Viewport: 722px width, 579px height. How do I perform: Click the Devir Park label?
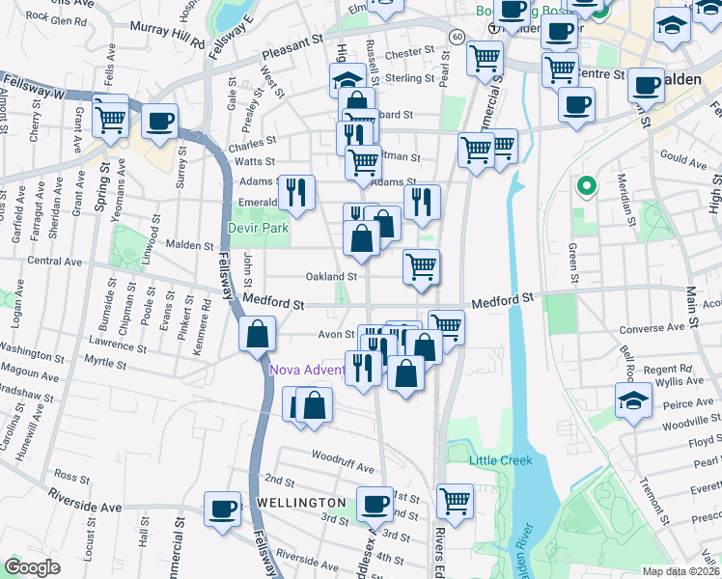pos(258,229)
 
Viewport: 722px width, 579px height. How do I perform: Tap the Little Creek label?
pos(501,460)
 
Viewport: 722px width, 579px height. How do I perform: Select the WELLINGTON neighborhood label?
pos(300,503)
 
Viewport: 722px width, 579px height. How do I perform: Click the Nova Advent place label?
pos(307,370)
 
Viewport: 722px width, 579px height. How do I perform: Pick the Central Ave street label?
pos(60,262)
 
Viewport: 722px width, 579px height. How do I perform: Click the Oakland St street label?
pos(331,276)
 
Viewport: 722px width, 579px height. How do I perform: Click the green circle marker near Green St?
pos(584,185)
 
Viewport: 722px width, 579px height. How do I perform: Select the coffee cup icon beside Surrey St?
pos(160,123)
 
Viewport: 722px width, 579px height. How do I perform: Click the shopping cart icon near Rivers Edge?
pos(456,500)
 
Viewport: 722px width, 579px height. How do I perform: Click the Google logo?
pos(32,567)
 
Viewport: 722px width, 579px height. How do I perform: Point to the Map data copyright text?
pos(681,571)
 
